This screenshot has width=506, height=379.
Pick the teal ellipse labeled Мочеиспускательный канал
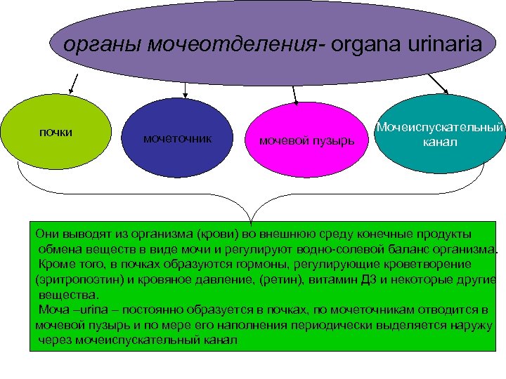[439, 134]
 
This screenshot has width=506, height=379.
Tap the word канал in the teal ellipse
[440, 142]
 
